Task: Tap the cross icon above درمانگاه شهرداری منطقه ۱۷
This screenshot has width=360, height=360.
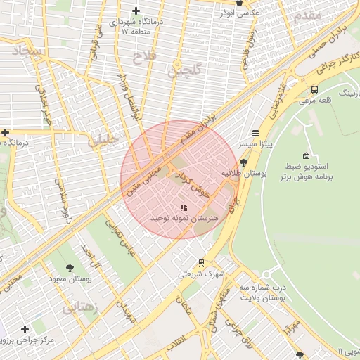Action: (136, 11)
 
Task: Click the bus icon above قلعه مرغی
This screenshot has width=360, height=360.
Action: (314, 89)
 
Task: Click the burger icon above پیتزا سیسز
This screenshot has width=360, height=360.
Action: (255, 132)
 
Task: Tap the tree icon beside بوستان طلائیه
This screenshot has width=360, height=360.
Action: (243, 162)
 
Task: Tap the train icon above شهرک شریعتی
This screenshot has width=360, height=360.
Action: (202, 263)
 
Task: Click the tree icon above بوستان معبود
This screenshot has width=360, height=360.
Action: (70, 268)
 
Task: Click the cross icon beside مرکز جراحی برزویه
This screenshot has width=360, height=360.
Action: (25, 329)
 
